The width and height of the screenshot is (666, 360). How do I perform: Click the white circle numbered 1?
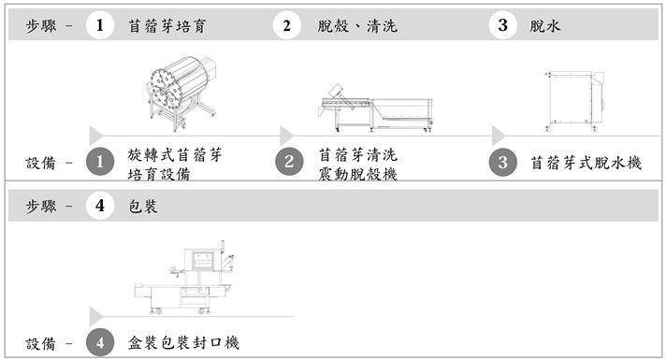[100, 25]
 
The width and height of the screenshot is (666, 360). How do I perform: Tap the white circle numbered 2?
[287, 25]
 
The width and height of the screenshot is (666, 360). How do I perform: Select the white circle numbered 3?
[502, 25]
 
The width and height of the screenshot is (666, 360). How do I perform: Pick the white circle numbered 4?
[100, 206]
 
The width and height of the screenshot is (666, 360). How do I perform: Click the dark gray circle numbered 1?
[100, 162]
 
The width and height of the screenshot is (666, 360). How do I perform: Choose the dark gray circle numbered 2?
[289, 162]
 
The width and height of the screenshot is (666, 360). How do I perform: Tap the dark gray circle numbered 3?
[503, 162]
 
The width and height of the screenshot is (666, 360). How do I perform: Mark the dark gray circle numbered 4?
[100, 342]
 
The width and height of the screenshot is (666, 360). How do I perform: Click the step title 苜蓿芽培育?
[167, 26]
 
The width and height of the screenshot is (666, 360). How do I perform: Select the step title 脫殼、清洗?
[357, 26]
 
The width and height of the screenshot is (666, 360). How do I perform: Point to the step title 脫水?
[545, 26]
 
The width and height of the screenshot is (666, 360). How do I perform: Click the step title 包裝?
[143, 207]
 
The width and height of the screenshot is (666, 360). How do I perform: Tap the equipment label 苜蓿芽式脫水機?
[586, 163]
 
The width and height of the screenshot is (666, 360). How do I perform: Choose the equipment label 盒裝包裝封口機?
[184, 342]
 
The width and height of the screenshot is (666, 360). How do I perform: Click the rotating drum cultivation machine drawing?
[181, 93]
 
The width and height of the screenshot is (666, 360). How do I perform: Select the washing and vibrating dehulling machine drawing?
[375, 108]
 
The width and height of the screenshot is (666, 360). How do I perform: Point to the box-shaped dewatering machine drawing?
[574, 102]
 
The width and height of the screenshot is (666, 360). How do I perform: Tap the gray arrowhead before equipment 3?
[499, 136]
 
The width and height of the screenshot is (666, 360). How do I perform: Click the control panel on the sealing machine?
[203, 260]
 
